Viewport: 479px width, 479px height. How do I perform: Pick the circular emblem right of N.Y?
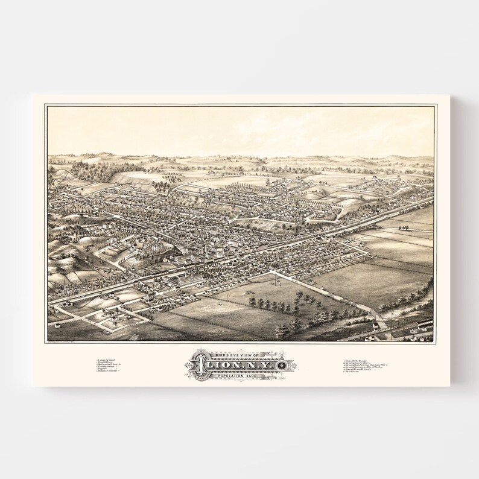283,366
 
